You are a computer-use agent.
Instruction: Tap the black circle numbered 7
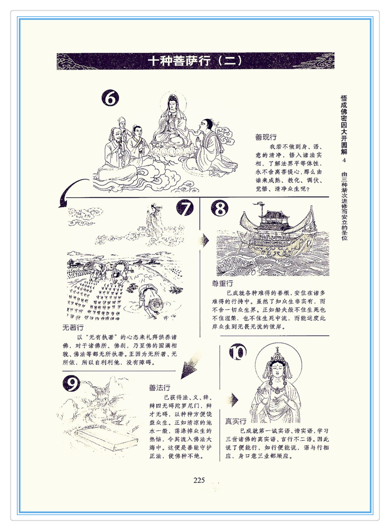pyautogui.click(x=185, y=208)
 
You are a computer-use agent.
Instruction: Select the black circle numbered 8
pyautogui.click(x=220, y=208)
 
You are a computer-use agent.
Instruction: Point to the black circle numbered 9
pyautogui.click(x=71, y=384)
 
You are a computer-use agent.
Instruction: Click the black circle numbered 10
pyautogui.click(x=238, y=352)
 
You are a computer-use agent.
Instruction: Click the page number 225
pyautogui.click(x=199, y=480)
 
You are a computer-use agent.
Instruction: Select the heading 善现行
pyautogui.click(x=266, y=137)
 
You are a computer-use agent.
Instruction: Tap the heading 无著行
pyautogui.click(x=73, y=328)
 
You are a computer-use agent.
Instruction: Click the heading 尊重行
pyautogui.click(x=222, y=283)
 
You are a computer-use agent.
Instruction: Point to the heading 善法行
pyautogui.click(x=160, y=388)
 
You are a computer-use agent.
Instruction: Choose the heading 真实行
pyautogui.click(x=236, y=421)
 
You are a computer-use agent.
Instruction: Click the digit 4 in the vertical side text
pyautogui.click(x=344, y=160)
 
